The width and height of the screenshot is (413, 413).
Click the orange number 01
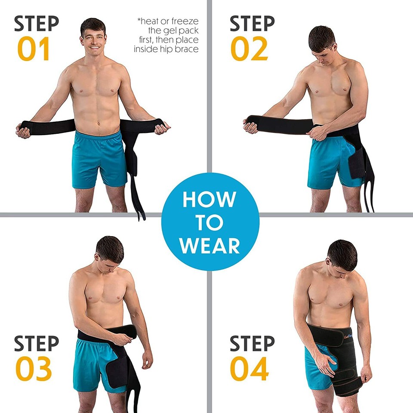pyautogui.click(x=34, y=49)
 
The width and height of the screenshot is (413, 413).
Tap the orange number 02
pyautogui.click(x=249, y=49)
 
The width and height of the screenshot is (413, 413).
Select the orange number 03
pyautogui.click(x=34, y=369)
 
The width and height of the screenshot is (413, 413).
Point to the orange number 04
pyautogui.click(x=249, y=369)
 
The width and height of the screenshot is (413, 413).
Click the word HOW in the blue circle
pyautogui.click(x=210, y=200)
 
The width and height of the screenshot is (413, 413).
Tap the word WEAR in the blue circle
pyautogui.click(x=210, y=246)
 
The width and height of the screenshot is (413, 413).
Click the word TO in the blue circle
pyautogui.click(x=210, y=223)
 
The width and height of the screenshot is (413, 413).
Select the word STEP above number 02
pyautogui.click(x=252, y=24)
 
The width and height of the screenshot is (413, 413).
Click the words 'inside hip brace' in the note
pyautogui.click(x=166, y=49)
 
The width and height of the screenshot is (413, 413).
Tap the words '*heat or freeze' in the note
pyautogui.click(x=168, y=21)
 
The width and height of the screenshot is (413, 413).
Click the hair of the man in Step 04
pyautogui.click(x=343, y=254)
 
